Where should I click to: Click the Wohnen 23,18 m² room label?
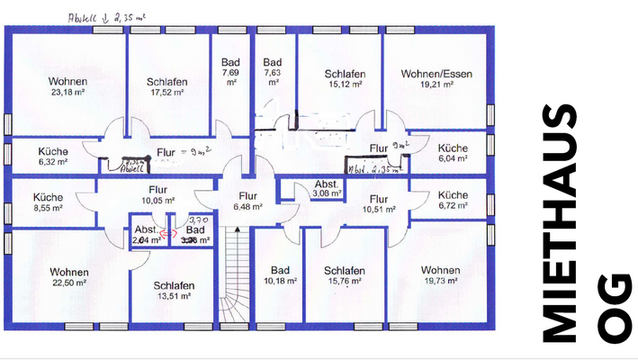(67, 85)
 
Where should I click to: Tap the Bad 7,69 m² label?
(230, 72)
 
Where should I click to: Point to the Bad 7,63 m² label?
(273, 72)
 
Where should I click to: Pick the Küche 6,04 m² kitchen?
(452, 152)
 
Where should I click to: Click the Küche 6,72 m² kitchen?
(452, 199)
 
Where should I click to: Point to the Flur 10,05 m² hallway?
(158, 194)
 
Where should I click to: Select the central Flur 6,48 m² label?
(247, 200)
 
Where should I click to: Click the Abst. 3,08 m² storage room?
(326, 188)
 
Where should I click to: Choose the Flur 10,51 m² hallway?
(378, 204)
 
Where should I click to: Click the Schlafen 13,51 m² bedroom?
(174, 291)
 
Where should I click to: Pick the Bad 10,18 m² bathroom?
(279, 275)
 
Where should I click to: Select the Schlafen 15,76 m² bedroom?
(344, 275)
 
